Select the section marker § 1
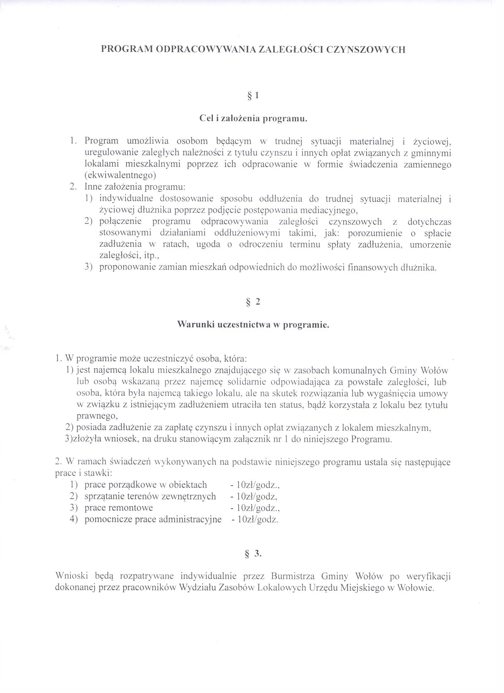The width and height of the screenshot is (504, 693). point(253,96)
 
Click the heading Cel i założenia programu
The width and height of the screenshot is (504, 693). point(253,119)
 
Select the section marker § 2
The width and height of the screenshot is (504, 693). point(253,302)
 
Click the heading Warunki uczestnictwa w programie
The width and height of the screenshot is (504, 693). point(253,325)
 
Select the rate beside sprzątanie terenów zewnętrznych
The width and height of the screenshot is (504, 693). point(254,496)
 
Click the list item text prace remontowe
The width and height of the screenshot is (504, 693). point(119,508)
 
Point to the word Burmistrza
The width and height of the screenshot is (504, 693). point(294,576)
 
